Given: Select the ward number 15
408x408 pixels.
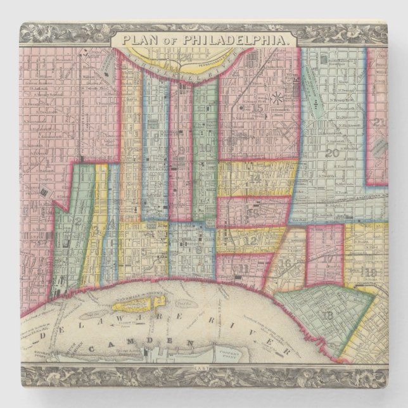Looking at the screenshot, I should click(x=256, y=108).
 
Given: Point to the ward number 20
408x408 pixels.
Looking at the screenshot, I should click(x=332, y=153).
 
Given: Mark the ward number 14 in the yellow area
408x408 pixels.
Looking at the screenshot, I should click(x=255, y=179).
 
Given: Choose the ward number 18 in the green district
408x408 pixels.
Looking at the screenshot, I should click(x=328, y=315).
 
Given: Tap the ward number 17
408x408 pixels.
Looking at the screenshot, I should click(x=328, y=259).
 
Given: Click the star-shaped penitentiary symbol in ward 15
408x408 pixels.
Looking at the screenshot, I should click(x=277, y=98).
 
